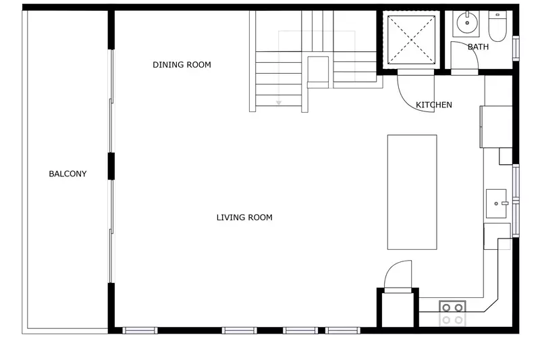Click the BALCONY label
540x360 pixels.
[x=67, y=174]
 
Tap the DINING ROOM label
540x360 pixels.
[x=182, y=66]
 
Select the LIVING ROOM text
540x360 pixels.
[x=244, y=217]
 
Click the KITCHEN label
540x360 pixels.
[x=433, y=105]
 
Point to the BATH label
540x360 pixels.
[x=478, y=47]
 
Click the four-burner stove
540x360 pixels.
[x=452, y=313]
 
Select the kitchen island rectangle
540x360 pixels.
[x=412, y=192]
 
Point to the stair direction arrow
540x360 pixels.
[x=277, y=101]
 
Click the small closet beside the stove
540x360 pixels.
[x=398, y=310]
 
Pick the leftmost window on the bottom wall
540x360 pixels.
[x=140, y=330]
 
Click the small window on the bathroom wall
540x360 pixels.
[x=516, y=48]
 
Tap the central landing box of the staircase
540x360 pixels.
[x=318, y=71]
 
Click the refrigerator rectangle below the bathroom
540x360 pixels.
[x=496, y=126]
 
